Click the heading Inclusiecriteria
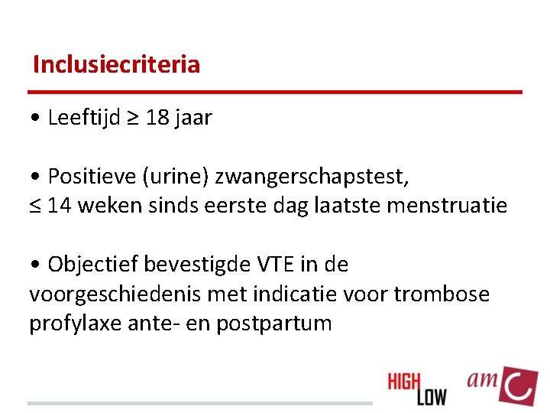[x=116, y=64]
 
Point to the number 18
[x=157, y=118]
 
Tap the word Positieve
[x=91, y=177]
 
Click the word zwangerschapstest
[x=312, y=177]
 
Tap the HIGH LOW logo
[x=417, y=388]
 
